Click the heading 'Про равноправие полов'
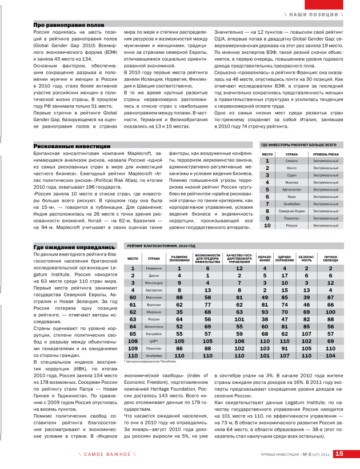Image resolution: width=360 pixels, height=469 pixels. click(x=69, y=26)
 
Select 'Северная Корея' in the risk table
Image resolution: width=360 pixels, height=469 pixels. click(x=291, y=211)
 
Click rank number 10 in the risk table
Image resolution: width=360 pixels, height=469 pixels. click(x=267, y=226)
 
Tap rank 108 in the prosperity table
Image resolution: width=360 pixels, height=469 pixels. click(x=133, y=341)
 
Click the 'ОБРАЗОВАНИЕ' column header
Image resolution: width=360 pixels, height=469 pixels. click(x=265, y=259)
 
